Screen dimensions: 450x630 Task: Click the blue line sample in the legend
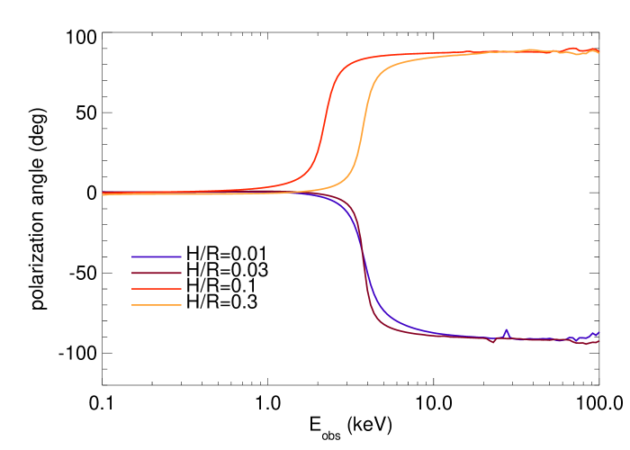(x=156, y=256)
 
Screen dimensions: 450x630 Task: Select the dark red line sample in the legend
(x=156, y=273)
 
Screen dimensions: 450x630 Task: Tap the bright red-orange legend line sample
(x=156, y=289)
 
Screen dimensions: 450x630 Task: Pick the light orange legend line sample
(x=156, y=305)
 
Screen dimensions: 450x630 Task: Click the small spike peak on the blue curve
(x=507, y=330)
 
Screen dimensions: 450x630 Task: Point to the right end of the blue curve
(x=598, y=332)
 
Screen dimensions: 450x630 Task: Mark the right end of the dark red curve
(x=598, y=341)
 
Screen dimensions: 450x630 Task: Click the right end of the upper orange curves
(x=598, y=52)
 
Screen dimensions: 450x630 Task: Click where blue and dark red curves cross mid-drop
(x=362, y=252)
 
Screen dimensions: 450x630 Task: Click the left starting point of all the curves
(x=103, y=193)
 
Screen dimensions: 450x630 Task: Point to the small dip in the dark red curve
(x=493, y=342)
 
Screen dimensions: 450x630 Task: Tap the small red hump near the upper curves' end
(x=574, y=48)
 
